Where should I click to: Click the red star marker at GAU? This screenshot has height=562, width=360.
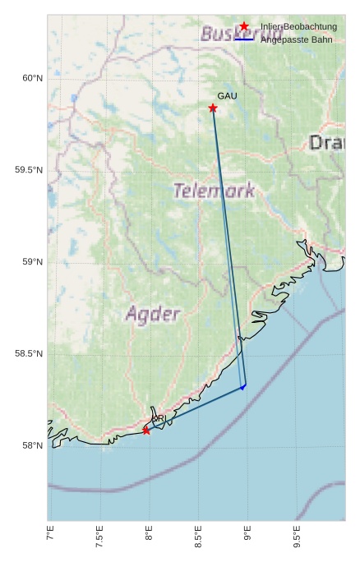click(213, 108)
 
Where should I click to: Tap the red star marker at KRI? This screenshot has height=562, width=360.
click(146, 431)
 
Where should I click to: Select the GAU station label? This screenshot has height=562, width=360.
click(227, 96)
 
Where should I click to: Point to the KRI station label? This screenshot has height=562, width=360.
click(159, 419)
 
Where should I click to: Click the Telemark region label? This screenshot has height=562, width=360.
click(214, 191)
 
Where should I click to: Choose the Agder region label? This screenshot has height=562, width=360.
click(153, 314)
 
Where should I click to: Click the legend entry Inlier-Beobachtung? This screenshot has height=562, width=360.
click(298, 27)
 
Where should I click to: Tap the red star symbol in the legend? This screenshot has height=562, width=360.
click(244, 27)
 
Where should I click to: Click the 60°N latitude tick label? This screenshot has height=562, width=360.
click(31, 78)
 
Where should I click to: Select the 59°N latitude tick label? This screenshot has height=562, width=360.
click(31, 262)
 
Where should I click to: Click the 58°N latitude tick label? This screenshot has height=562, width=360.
click(31, 446)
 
